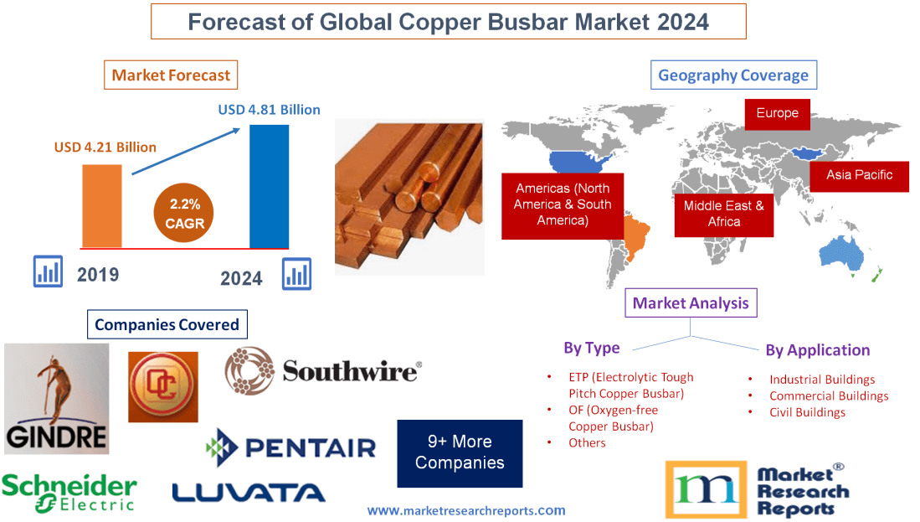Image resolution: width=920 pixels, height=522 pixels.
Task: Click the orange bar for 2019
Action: [101, 206]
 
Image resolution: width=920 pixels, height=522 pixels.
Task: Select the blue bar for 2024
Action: [269, 186]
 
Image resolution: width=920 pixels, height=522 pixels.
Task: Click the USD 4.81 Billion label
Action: [269, 110]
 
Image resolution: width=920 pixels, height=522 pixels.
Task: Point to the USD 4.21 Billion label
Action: [105, 147]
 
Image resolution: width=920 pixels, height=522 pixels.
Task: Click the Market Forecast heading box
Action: [171, 75]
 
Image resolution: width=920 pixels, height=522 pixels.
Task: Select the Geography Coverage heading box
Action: [733, 75]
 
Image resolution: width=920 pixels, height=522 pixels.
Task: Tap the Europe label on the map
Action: [777, 113]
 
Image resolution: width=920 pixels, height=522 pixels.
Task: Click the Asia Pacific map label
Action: [859, 175]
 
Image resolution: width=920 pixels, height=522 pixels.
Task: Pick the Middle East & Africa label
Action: [723, 213]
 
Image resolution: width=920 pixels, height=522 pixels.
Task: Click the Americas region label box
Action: [562, 204]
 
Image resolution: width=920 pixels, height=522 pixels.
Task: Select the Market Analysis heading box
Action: [691, 303]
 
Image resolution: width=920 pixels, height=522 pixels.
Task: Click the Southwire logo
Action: [322, 370]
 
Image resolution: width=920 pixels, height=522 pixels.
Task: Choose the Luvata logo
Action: [249, 492]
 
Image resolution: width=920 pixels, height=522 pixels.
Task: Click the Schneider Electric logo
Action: [69, 492]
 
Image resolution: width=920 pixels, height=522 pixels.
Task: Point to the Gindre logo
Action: [56, 399]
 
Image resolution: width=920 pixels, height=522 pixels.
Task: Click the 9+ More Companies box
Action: [460, 452]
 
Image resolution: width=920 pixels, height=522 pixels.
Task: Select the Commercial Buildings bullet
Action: [829, 395]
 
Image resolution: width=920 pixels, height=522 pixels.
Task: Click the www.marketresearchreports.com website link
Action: [466, 510]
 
